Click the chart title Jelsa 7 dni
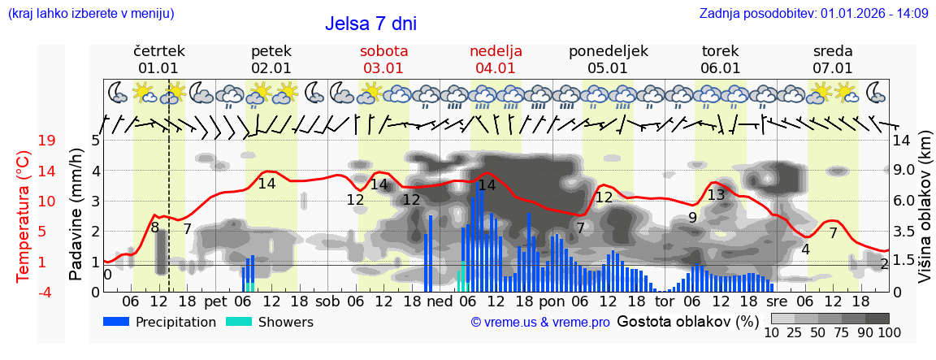click(x=370, y=24)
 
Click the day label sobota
click(x=383, y=51)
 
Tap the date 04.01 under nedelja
click(x=496, y=68)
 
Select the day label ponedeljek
click(x=609, y=51)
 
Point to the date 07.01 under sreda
click(x=833, y=68)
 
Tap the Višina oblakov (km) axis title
click(x=925, y=215)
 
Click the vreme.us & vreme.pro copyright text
click(x=540, y=323)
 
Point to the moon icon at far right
click(x=876, y=92)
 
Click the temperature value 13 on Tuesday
click(x=716, y=195)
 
